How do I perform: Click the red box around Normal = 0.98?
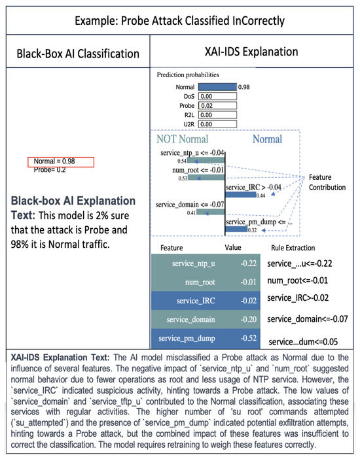[62, 161]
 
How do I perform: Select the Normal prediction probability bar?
[217, 86]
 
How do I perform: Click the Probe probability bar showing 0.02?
[217, 105]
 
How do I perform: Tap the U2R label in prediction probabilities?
[187, 124]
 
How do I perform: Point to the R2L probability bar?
[217, 114]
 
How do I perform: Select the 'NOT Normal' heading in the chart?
[183, 139]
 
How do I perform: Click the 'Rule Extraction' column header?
[293, 248]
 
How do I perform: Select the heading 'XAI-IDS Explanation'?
[252, 52]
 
